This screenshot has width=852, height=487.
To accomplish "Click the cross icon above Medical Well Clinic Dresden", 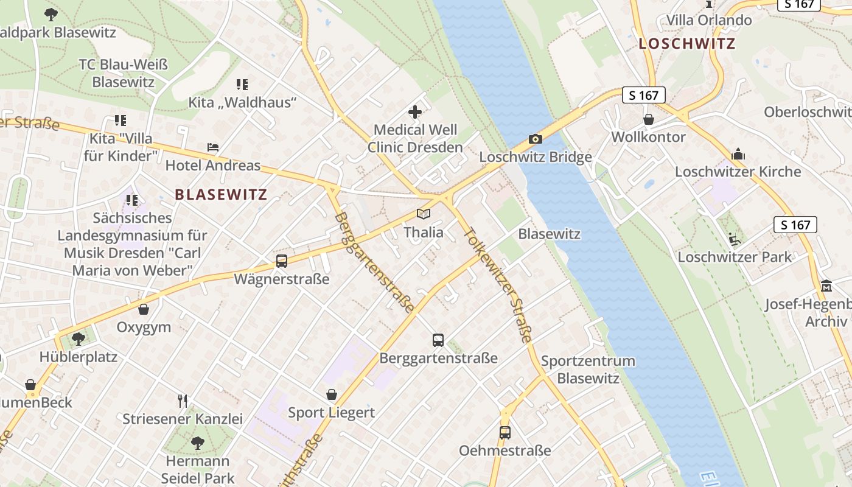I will coord(415,112).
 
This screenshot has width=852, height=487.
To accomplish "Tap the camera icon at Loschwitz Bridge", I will coord(536,139).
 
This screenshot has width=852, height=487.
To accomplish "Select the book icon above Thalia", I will coord(424,214).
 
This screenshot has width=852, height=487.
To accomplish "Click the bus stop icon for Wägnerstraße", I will coord(282,261).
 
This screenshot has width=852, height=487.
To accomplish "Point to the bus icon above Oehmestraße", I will coord(505,433).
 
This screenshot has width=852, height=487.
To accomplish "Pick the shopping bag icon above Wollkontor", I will coord(649,119).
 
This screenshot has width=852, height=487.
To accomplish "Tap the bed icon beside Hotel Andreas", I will coord(213,147).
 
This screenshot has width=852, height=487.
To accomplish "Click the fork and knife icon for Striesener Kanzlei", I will coord(183,401).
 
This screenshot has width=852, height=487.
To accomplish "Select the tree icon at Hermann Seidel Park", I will coord(197,443).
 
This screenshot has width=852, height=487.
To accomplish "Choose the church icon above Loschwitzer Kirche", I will coord(738,154).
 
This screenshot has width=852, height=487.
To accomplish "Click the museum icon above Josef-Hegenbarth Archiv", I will coord(826,286).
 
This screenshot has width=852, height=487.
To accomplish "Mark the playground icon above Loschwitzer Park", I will coord(735,239).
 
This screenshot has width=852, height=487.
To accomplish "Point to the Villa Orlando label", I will coord(709,20).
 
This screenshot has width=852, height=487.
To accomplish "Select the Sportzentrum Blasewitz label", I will coord(588,370).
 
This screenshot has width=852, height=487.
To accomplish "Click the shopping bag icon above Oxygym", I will coord(144,309).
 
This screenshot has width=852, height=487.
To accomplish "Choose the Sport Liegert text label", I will coord(331,413).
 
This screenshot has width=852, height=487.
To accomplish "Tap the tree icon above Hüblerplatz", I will coord(78,338).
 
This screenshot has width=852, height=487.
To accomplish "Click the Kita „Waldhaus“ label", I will coord(242,102).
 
